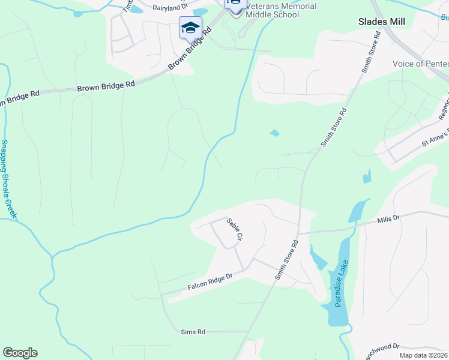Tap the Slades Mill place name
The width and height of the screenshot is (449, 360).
[382, 22]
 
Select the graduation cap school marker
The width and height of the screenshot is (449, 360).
[190, 28]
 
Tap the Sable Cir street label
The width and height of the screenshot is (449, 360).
[234, 230]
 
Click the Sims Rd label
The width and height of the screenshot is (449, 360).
[193, 331]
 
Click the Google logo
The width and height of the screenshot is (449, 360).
[20, 353]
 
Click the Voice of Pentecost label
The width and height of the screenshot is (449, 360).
[420, 64]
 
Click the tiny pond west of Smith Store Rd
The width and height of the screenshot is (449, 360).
[274, 133]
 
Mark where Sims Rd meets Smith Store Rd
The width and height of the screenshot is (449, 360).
[249, 331]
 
